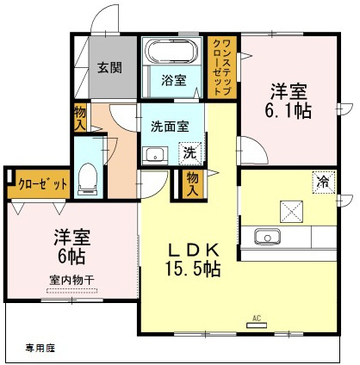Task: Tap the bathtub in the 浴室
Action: (172, 52)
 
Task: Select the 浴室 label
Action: (174, 80)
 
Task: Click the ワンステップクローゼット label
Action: (222, 68)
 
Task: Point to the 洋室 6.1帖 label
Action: (289, 101)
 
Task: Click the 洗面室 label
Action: (170, 127)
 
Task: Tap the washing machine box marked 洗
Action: (189, 153)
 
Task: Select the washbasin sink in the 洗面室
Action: (155, 156)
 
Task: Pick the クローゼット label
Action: (42, 184)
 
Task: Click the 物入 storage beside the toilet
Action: (80, 118)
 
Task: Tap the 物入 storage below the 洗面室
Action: (192, 184)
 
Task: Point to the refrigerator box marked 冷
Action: (324, 182)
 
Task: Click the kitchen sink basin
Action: (267, 237)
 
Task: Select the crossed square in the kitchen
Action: (291, 212)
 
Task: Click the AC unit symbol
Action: (257, 325)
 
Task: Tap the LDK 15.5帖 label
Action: (193, 259)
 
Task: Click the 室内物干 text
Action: (71, 279)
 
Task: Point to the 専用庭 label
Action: (40, 348)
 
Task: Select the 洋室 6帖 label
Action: (72, 246)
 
